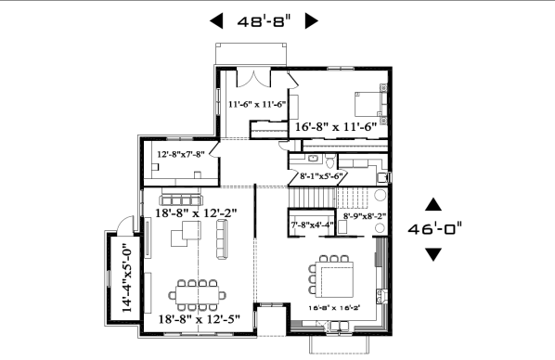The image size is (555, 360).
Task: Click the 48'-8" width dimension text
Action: [x=263, y=20]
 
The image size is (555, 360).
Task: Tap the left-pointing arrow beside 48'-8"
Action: [x=217, y=20]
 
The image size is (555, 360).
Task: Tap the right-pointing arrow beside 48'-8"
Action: [x=312, y=20]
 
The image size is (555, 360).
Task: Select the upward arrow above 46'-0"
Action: [x=433, y=203]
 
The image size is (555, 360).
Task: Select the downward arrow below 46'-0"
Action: [x=433, y=253]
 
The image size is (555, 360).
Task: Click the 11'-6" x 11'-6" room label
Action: [x=257, y=105]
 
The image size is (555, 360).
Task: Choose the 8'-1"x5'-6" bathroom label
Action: [x=322, y=175]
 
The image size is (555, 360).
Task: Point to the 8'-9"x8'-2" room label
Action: [x=365, y=217]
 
